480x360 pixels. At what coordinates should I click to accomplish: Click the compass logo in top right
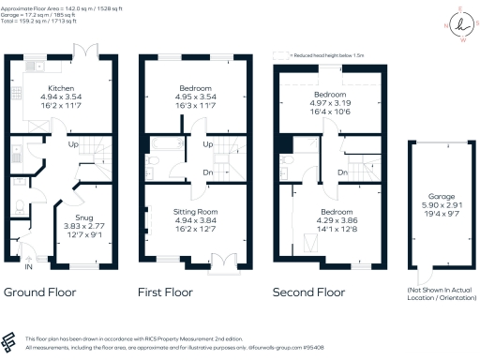[454, 25]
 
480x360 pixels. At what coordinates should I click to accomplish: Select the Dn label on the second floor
[343, 173]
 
